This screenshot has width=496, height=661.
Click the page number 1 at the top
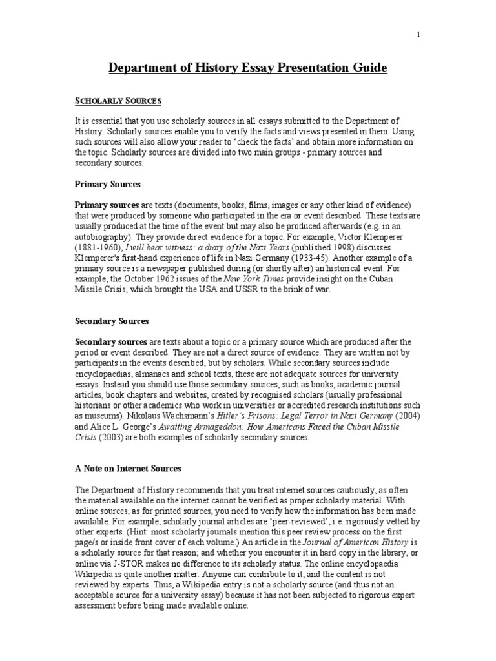(x=418, y=35)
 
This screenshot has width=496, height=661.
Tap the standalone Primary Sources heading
(x=108, y=184)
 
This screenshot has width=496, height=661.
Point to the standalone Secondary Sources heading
(x=112, y=321)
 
